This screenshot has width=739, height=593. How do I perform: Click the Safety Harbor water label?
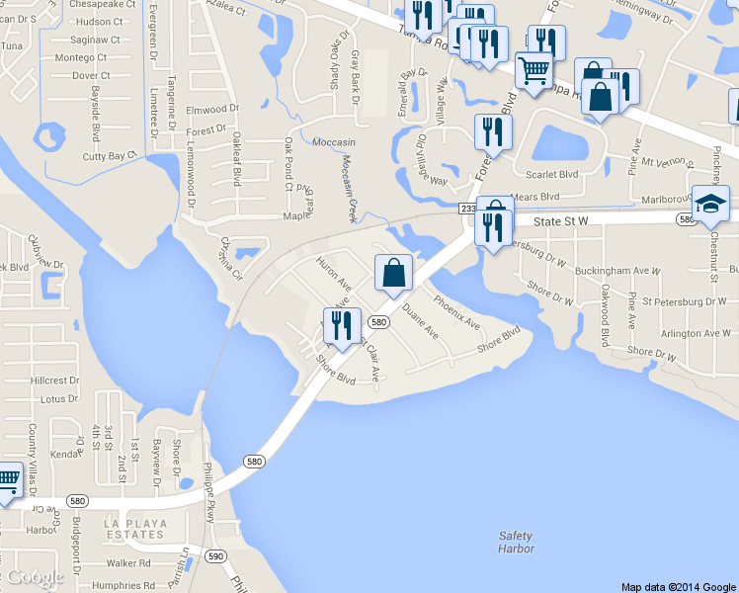point(516,543)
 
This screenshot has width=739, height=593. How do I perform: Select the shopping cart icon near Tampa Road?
point(534,70)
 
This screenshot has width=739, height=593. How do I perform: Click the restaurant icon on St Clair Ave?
point(342,327)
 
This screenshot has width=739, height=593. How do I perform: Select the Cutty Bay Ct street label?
point(109,156)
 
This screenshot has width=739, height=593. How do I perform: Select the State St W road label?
point(560,223)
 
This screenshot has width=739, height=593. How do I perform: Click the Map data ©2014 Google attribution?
point(679,586)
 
